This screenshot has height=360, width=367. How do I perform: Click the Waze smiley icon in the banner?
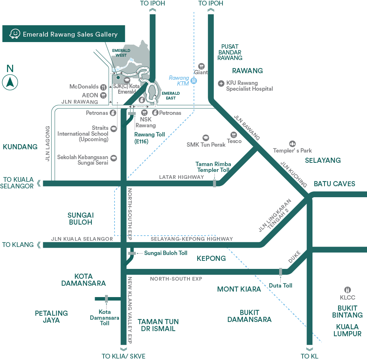click(x=14, y=34)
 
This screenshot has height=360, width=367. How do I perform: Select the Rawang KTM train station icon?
click(x=194, y=81)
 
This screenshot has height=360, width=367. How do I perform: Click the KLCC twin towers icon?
click(x=348, y=290)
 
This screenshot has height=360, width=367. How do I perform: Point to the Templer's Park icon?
click(x=292, y=144)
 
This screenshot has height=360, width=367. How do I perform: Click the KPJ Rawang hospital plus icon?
click(x=221, y=83)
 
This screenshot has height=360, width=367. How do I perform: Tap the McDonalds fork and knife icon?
click(x=104, y=87)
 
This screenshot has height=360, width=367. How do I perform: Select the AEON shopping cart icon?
click(x=104, y=95)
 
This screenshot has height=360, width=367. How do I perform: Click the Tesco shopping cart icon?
click(x=233, y=135)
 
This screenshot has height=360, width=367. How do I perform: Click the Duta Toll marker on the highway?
click(x=281, y=272)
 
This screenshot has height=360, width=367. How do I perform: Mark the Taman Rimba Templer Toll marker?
click(x=214, y=183)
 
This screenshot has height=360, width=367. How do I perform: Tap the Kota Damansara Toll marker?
click(x=106, y=299)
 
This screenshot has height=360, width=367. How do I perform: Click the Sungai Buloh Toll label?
click(x=165, y=253)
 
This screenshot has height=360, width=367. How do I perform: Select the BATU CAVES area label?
click(x=334, y=184)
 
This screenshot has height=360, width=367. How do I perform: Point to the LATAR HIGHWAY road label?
click(x=181, y=177)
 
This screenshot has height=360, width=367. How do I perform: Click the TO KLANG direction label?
click(x=18, y=244)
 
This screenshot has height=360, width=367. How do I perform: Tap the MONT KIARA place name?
click(x=239, y=289)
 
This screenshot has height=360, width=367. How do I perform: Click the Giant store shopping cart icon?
click(x=201, y=66)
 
